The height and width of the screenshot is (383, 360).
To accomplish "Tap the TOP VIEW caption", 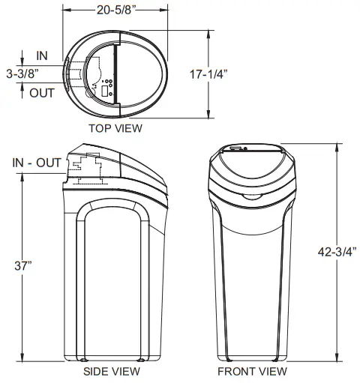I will point(115,128).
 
